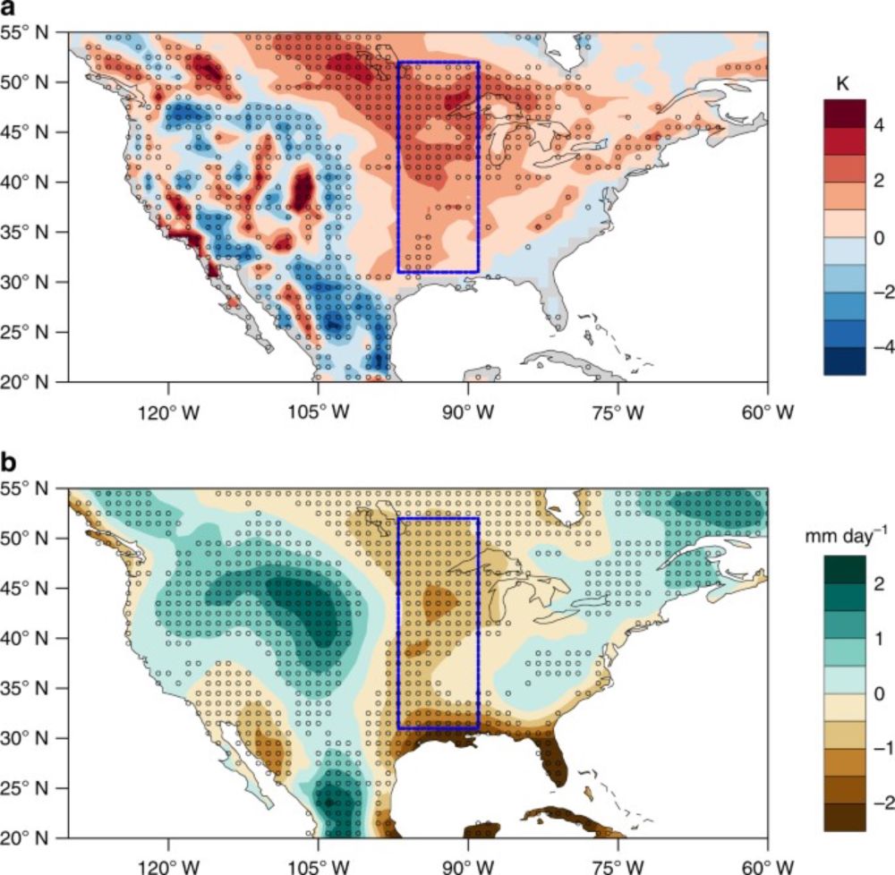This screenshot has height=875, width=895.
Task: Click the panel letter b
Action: pos(9,463)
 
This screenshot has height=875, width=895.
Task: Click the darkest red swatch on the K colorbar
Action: pos(844,112)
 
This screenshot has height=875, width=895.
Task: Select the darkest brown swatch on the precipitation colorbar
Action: pos(844,818)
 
